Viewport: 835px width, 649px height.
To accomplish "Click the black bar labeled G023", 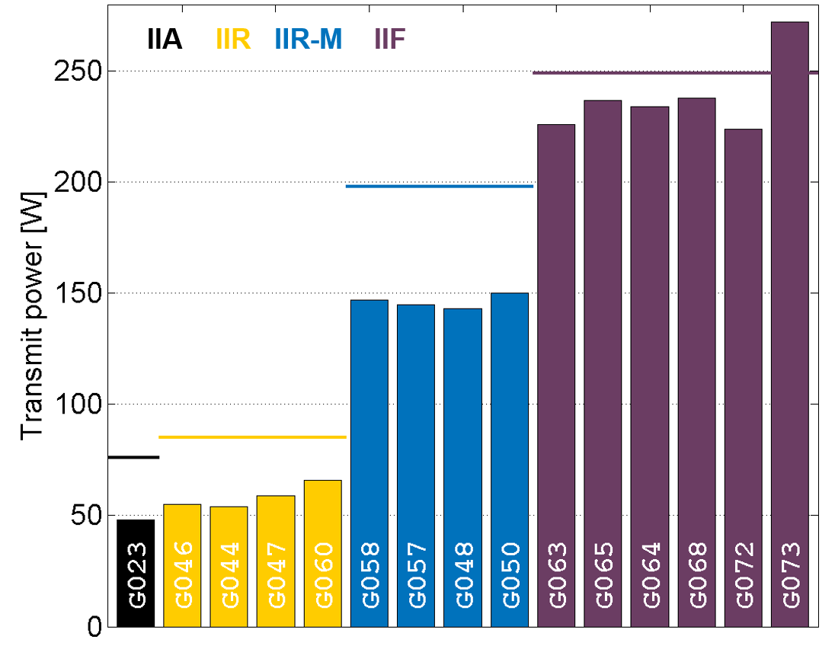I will (136, 573).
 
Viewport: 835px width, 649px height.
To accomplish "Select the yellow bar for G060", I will (323, 553).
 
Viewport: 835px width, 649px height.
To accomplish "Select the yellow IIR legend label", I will (233, 39).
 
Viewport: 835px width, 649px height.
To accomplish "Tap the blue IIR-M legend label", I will (308, 39).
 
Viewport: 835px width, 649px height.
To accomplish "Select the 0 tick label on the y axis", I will (93, 626).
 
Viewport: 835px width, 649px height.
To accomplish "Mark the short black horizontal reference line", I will (134, 457).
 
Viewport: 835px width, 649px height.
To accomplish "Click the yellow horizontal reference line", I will (252, 437).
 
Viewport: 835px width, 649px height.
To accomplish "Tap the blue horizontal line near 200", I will (440, 186).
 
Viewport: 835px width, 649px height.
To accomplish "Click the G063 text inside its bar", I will (557, 575).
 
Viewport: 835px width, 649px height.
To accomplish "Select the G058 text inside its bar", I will (370, 575).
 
